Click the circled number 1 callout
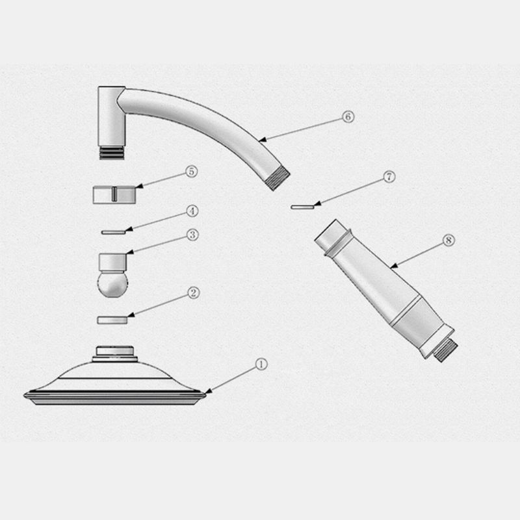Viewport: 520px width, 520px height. click(260, 364)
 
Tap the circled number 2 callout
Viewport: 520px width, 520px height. click(193, 292)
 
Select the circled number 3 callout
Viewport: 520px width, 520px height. click(192, 235)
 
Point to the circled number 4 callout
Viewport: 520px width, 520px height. click(192, 211)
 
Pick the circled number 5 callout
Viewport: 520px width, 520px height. click(191, 171)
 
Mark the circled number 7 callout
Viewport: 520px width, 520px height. click(389, 177)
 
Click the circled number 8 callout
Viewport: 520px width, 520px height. click(447, 240)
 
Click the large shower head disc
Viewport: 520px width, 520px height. click(114, 383)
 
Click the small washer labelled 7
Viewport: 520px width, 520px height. click(302, 207)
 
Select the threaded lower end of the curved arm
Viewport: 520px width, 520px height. click(279, 178)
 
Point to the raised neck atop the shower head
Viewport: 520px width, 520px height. click(114, 354)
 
